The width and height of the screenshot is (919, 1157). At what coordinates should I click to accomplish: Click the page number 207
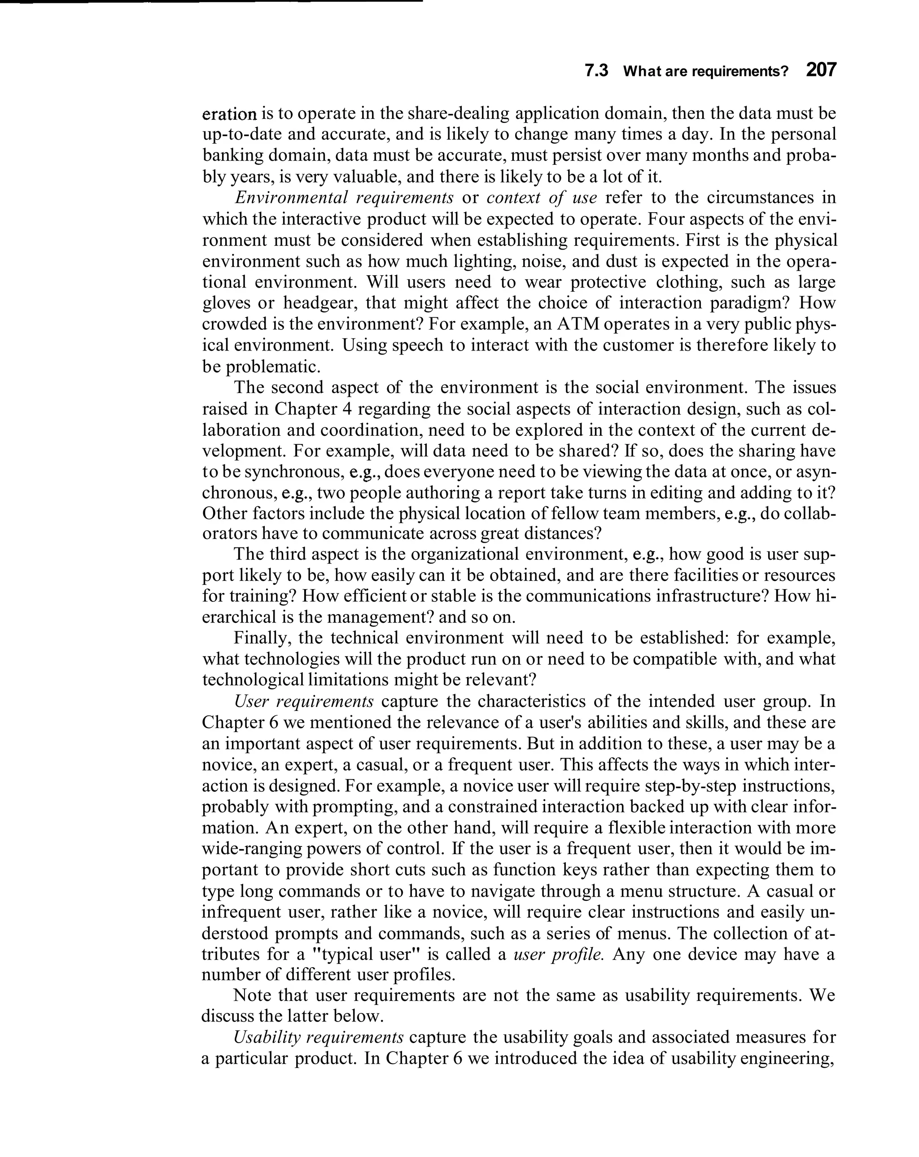(820, 70)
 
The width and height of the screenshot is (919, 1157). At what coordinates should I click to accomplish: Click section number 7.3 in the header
(596, 71)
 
